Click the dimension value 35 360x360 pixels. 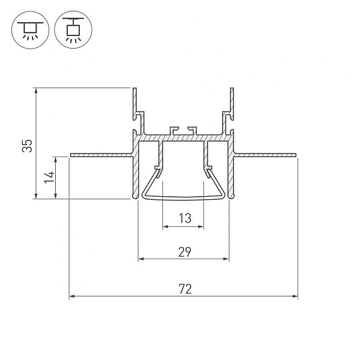(x=28, y=146)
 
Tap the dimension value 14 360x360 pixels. (x=50, y=177)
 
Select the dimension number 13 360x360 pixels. (x=185, y=218)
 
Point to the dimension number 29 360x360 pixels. (x=185, y=252)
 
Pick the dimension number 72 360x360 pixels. (x=185, y=289)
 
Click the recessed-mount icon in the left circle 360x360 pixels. (x=31, y=30)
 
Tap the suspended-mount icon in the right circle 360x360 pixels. (x=73, y=30)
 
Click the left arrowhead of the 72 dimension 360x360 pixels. (x=72, y=296)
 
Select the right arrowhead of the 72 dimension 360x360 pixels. (x=295, y=296)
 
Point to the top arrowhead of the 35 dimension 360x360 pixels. (x=36, y=91)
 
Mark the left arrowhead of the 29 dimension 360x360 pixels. (x=141, y=259)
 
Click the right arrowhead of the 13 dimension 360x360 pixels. (x=201, y=227)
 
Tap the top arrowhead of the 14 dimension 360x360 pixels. (x=55, y=160)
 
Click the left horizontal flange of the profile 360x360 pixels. (x=101, y=155)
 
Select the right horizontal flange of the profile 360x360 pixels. (x=265, y=155)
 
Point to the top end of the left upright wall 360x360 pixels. (x=135, y=88)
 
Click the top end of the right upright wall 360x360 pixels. (x=232, y=88)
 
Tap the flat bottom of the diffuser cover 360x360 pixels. (x=183, y=198)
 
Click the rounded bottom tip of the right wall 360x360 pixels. (x=232, y=196)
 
